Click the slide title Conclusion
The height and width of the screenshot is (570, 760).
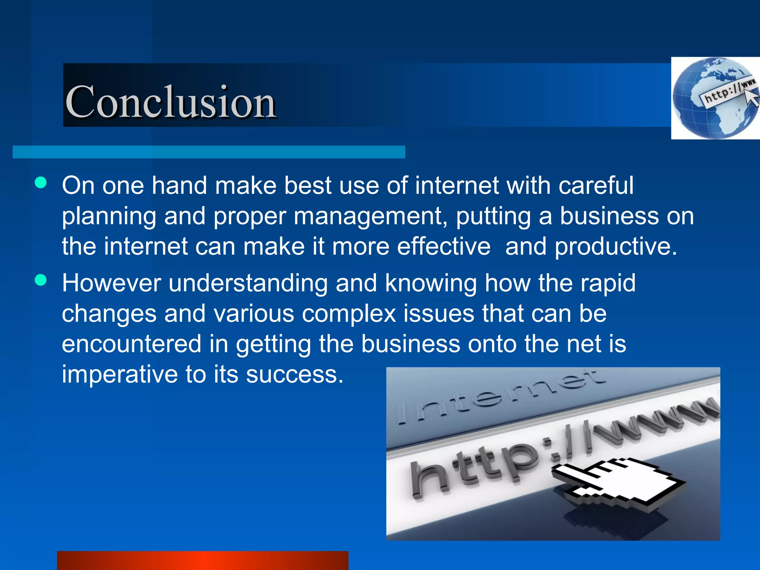point(170,101)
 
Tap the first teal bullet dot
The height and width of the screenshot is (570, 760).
point(41,183)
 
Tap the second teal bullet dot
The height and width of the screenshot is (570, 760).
point(41,280)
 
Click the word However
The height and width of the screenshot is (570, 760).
point(111,283)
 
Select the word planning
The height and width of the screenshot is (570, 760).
point(109,216)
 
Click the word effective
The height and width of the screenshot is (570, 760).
point(444,246)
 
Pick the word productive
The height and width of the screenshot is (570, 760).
point(616,246)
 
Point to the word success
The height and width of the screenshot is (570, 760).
point(295,374)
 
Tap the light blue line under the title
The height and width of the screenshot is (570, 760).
point(209,152)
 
